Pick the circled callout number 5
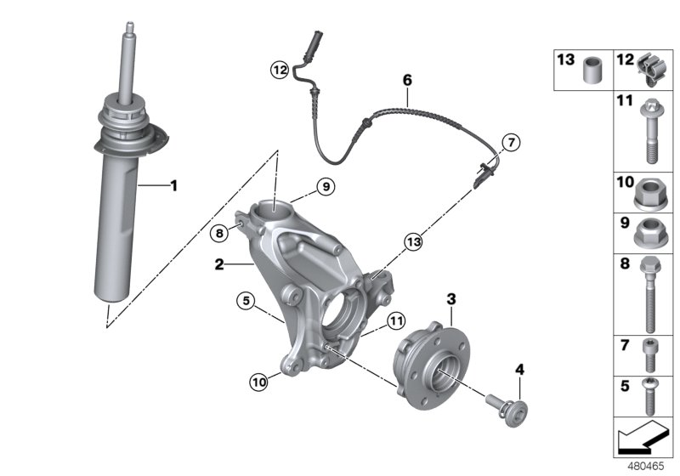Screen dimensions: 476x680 246,299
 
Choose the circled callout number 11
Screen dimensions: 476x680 394,320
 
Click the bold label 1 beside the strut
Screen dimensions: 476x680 173,184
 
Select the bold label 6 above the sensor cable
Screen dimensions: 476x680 407,80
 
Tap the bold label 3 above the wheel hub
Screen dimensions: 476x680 451,298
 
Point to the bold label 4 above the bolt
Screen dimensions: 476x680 519,369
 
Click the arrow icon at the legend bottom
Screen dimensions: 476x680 642,439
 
